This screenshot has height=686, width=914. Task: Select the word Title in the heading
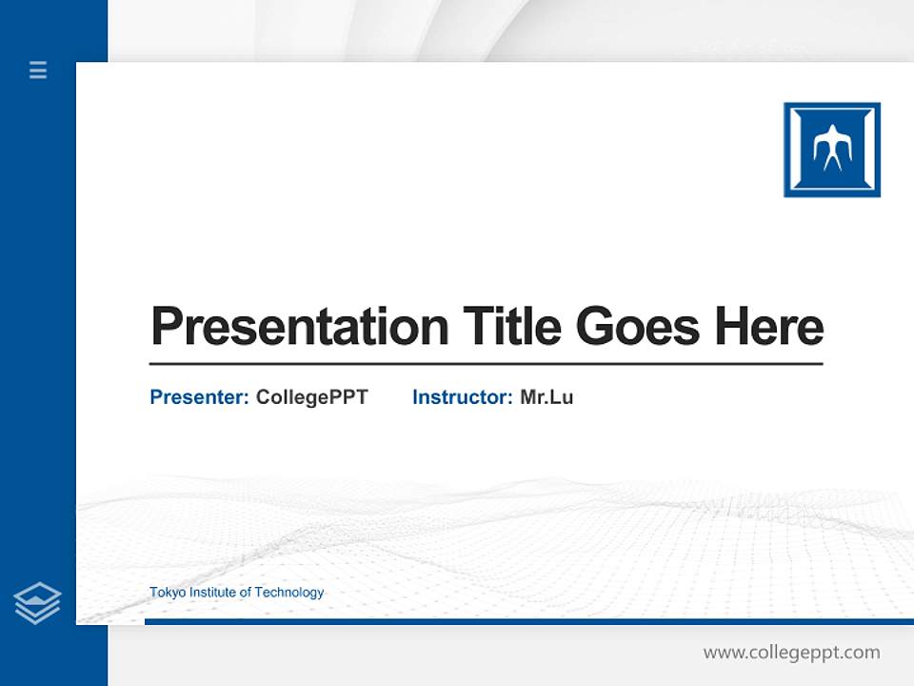(512, 327)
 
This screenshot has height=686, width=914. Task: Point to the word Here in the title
(769, 327)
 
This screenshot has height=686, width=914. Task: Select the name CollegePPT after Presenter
(311, 397)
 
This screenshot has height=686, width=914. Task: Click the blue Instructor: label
(463, 397)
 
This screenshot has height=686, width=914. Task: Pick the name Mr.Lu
(546, 397)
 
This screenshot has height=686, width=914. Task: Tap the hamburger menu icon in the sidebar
(38, 70)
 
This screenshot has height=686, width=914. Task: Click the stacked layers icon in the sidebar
(37, 603)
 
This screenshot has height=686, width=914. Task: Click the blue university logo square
(831, 150)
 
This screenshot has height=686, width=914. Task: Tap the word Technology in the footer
(289, 593)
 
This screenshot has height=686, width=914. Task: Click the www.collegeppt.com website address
(791, 653)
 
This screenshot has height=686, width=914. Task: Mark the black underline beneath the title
(486, 364)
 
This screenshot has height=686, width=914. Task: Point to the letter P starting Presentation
(165, 327)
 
